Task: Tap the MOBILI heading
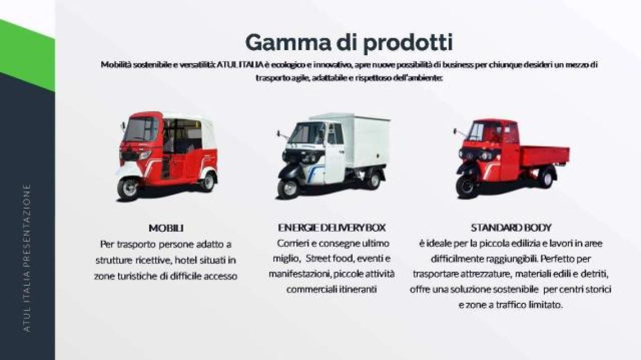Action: tap(166, 228)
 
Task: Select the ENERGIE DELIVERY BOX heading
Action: tap(332, 227)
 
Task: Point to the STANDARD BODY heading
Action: tap(511, 227)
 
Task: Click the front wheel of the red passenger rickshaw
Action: tap(128, 188)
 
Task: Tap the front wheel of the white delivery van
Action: tap(288, 188)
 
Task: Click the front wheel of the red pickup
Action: tap(467, 187)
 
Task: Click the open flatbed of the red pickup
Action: tap(544, 155)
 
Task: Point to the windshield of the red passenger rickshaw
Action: tap(141, 129)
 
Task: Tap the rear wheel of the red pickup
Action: tap(546, 178)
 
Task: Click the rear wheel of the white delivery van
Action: tap(373, 180)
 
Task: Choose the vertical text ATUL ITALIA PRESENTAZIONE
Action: tap(27, 258)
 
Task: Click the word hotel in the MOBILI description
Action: tap(187, 260)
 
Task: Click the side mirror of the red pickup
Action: tap(455, 131)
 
